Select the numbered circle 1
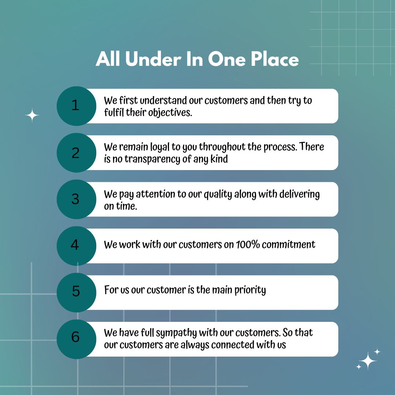point(76,106)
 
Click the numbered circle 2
point(76,153)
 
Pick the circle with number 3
point(76,199)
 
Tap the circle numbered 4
point(76,246)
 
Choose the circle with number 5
point(76,293)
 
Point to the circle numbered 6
point(76,339)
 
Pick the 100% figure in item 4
point(248,244)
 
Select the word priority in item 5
point(250,290)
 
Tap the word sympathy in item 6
point(176,333)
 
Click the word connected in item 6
point(233,345)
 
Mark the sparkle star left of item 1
point(32,115)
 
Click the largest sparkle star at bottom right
point(368,361)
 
